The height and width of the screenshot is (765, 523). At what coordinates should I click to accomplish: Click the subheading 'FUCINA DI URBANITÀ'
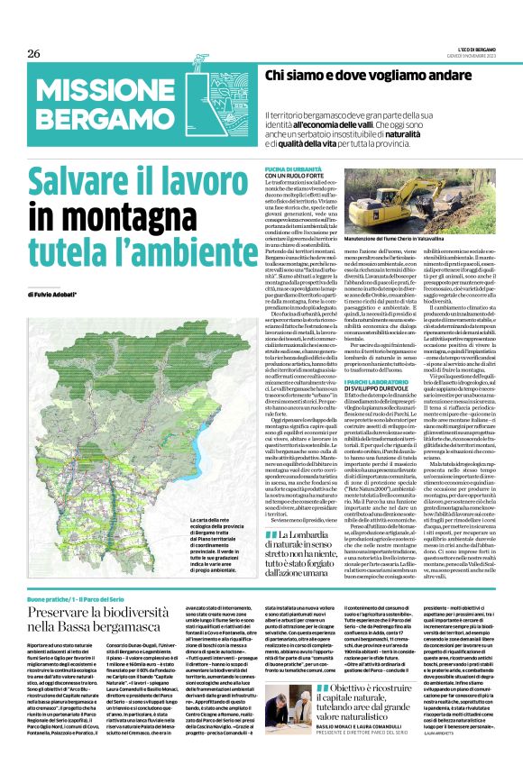point(289,168)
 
